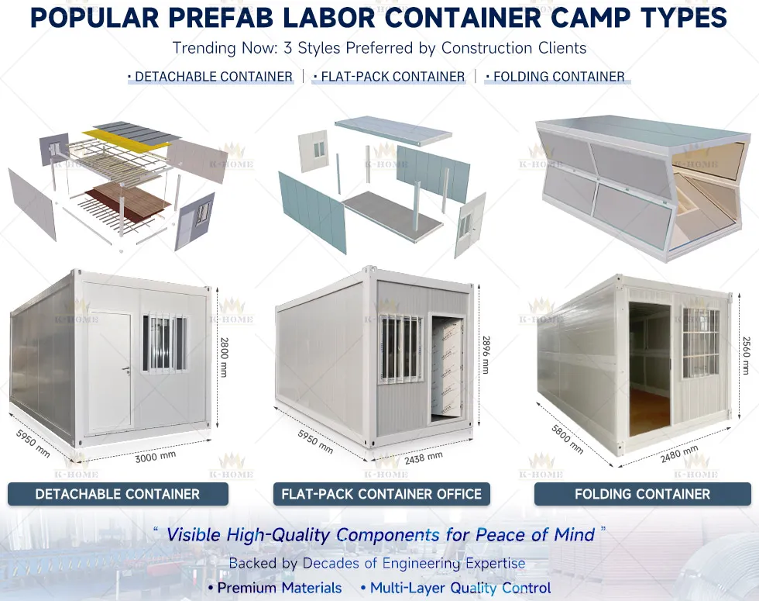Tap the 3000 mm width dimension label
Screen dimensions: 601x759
pos(155,457)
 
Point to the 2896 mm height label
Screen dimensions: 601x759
pos(486,354)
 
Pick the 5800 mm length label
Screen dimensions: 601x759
pos(568,439)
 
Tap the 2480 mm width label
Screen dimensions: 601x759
pos(680,454)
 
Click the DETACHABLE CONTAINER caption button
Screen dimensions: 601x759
pos(118,494)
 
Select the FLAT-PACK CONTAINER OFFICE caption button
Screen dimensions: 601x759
pos(381,494)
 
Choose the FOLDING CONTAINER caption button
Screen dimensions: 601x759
pos(642,494)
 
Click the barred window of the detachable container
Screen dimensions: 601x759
pos(164,342)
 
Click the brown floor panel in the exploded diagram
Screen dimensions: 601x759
pos(127,201)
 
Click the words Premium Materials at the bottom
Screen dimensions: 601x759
pos(280,588)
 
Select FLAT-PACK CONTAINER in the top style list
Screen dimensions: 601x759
pos(392,77)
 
